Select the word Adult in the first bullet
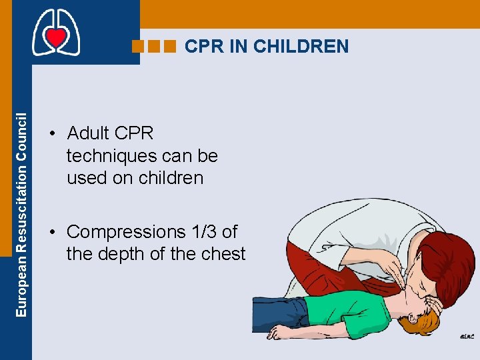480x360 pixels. click(89, 133)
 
